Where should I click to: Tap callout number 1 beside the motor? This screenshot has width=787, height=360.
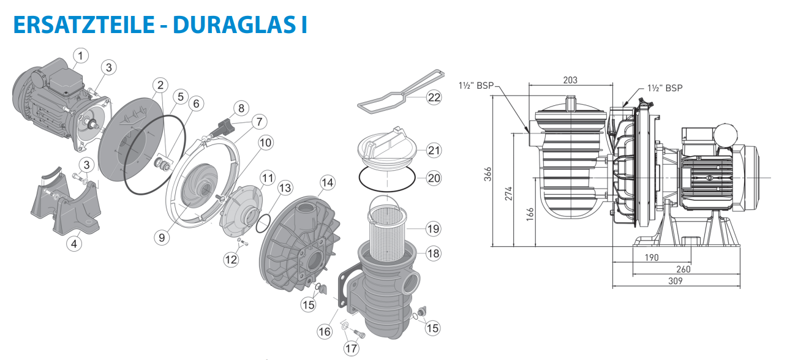point(80,56)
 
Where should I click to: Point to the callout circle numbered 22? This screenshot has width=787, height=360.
point(434,97)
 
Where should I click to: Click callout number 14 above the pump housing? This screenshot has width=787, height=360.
point(327,182)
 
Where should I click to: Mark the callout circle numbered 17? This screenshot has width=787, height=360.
point(351,348)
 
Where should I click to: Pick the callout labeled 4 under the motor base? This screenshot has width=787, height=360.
point(74,244)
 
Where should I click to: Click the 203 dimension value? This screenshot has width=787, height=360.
point(570,80)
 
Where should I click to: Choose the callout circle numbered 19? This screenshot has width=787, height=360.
point(434,229)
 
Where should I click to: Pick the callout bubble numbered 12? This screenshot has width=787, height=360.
point(230,260)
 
